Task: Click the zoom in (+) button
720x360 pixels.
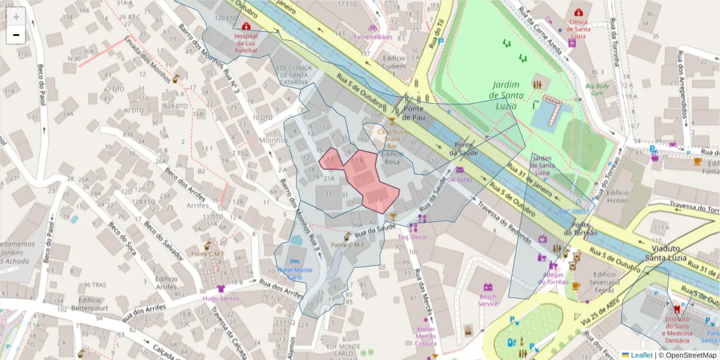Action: [16, 17]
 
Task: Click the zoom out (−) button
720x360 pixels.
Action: [16, 35]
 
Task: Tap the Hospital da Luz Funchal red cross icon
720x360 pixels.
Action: [245, 26]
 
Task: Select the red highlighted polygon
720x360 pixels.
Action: [363, 180]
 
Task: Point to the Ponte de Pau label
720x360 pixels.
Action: [414, 113]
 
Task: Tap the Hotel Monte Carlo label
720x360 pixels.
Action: [294, 274]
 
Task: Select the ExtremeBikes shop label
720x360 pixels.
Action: [373, 37]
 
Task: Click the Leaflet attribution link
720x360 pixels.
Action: [641, 355]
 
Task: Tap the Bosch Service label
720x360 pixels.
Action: [488, 300]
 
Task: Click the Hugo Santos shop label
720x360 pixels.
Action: [221, 298]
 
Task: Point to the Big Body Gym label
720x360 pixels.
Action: [598, 89]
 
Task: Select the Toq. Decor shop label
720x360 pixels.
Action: [413, 237]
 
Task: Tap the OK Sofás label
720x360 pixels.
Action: [460, 179]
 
